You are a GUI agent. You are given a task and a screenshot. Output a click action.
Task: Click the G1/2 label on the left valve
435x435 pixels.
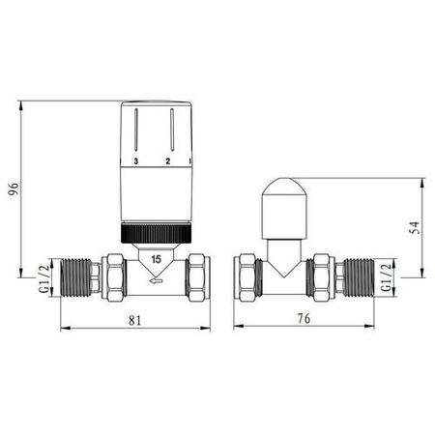pyautogui.click(x=42, y=277)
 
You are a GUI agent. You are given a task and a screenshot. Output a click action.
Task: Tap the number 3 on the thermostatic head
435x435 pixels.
pyautogui.click(x=136, y=159)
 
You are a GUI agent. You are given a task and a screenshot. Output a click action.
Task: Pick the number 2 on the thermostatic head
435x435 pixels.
pyautogui.click(x=168, y=159)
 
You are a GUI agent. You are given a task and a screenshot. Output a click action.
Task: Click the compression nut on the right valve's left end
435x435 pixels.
pyautogui.click(x=248, y=275)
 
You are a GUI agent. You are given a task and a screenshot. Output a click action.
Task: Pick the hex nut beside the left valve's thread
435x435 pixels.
pyautogui.click(x=113, y=275)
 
